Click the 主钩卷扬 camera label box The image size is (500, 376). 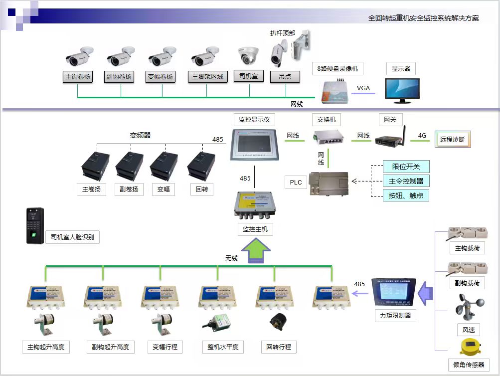click(78, 77)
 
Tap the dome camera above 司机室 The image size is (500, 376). click(248, 56)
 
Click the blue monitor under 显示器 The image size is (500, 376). click(402, 90)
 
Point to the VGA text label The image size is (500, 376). click(363, 88)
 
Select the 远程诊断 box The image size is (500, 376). click(452, 140)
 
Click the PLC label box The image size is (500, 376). click(296, 182)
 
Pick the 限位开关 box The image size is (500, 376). click(406, 167)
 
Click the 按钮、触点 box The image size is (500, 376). click(406, 195)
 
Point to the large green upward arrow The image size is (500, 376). click(255, 249)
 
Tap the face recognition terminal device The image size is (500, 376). click(35, 225)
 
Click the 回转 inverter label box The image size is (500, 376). click(201, 189)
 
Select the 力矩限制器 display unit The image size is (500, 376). click(389, 293)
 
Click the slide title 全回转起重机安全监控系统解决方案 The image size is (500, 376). click(423, 18)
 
